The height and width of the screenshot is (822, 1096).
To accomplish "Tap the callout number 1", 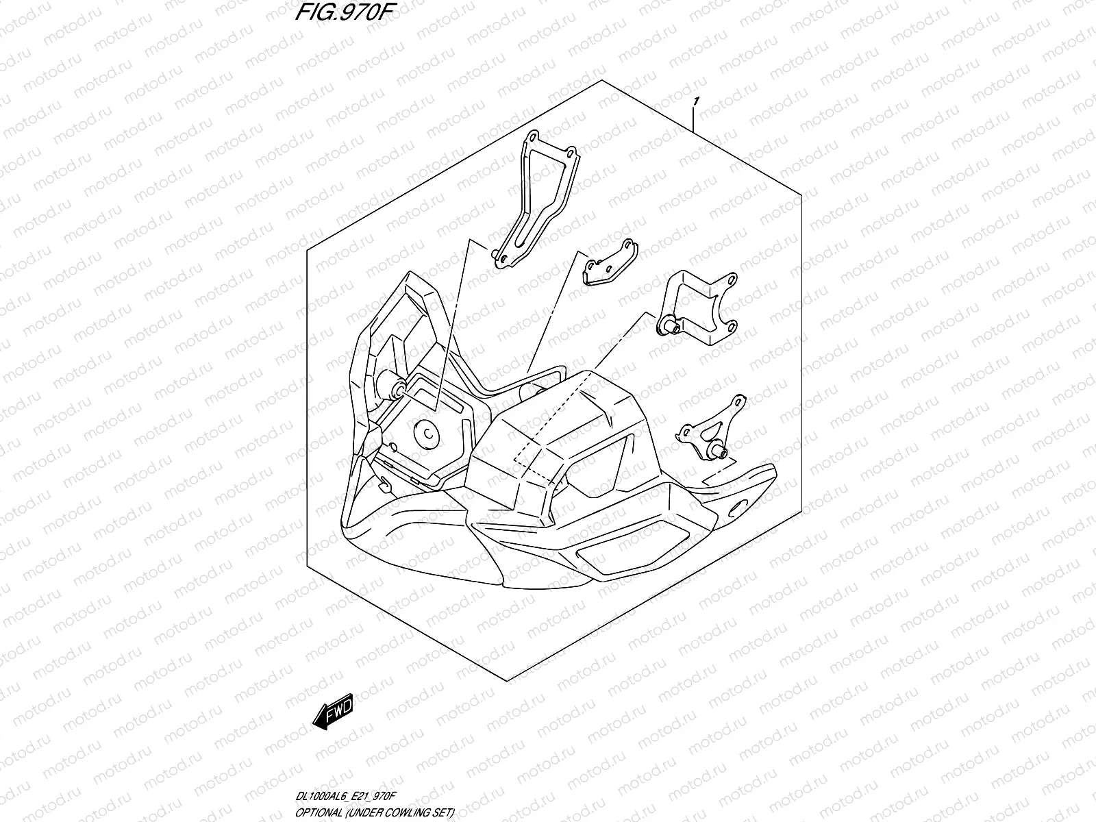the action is point(696,103).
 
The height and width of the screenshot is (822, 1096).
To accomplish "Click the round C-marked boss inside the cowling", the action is point(426,434).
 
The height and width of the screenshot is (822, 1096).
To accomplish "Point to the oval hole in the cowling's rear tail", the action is point(741,507).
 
